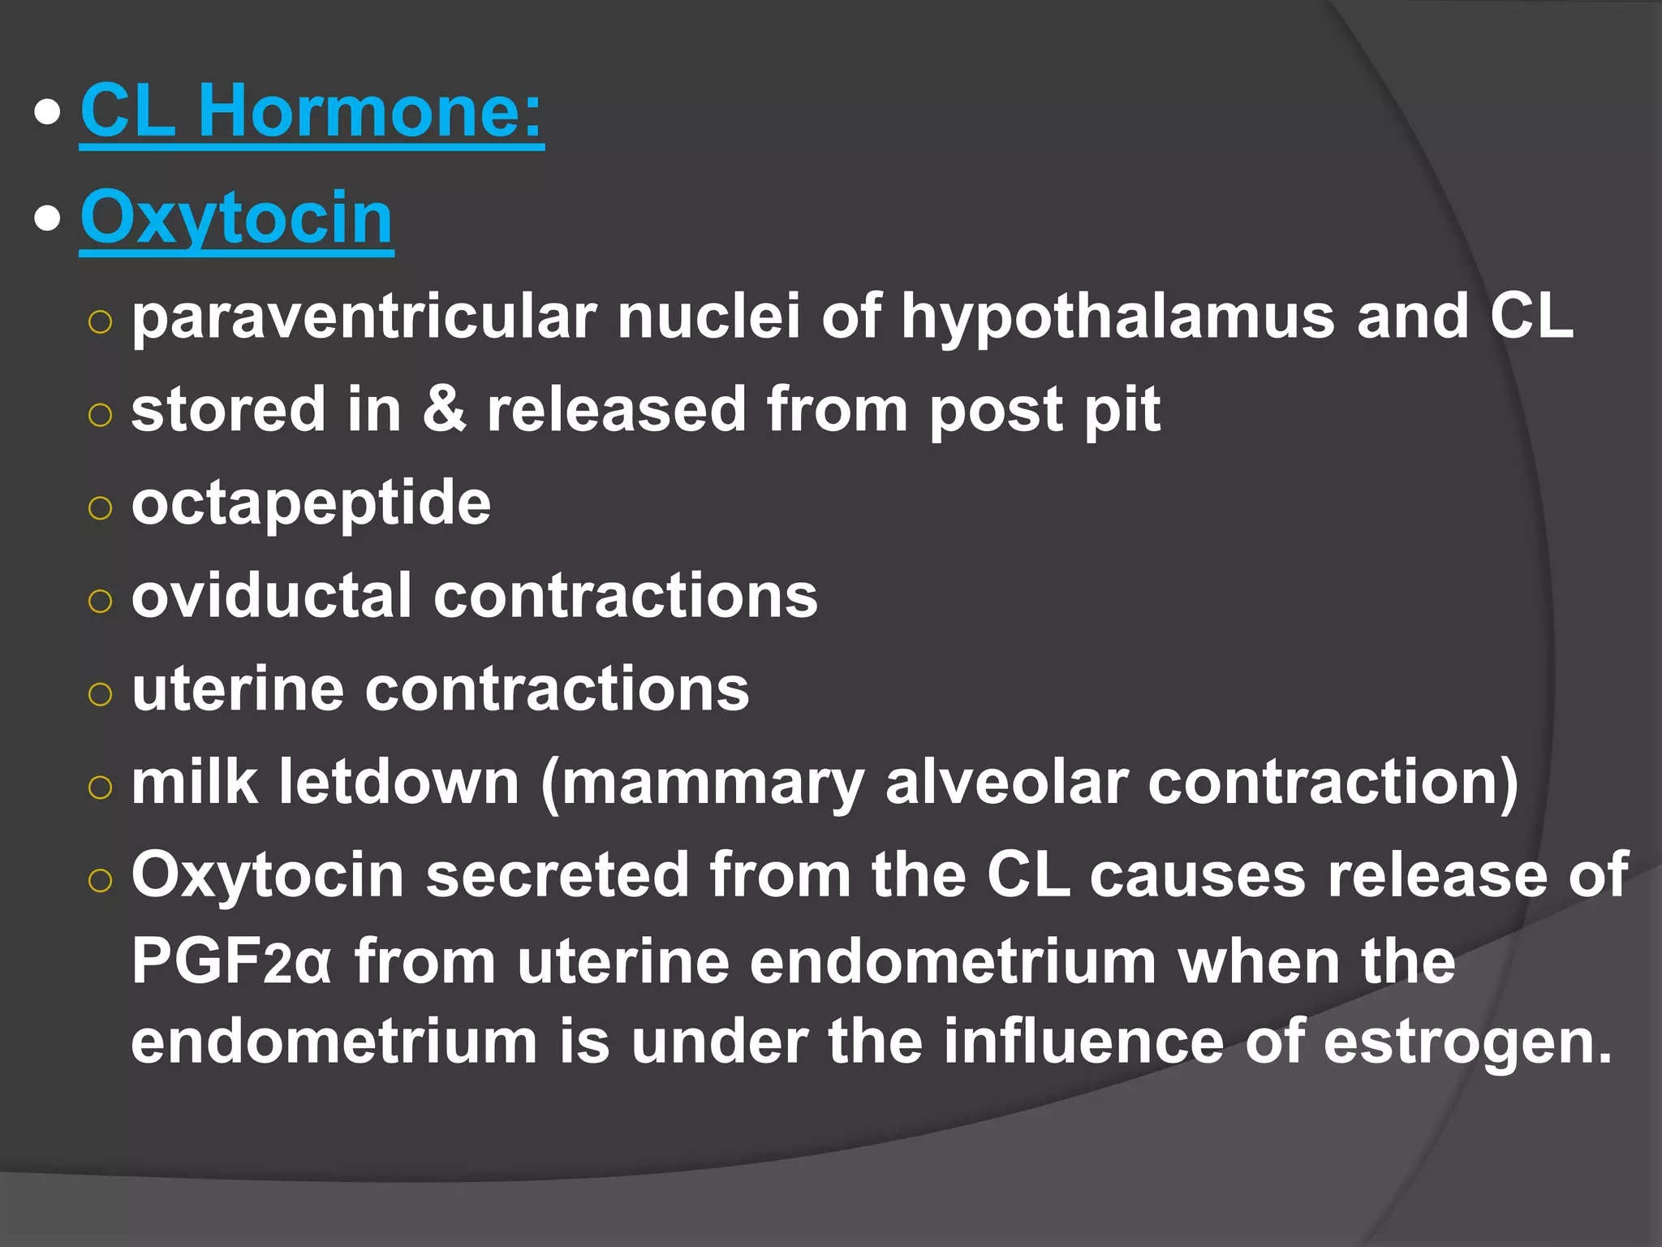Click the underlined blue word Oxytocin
point(237,218)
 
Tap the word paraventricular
point(364,317)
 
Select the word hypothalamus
point(1117,317)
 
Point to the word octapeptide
point(311,503)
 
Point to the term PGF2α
point(232,962)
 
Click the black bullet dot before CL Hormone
point(48,114)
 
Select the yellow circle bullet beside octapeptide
point(100,508)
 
